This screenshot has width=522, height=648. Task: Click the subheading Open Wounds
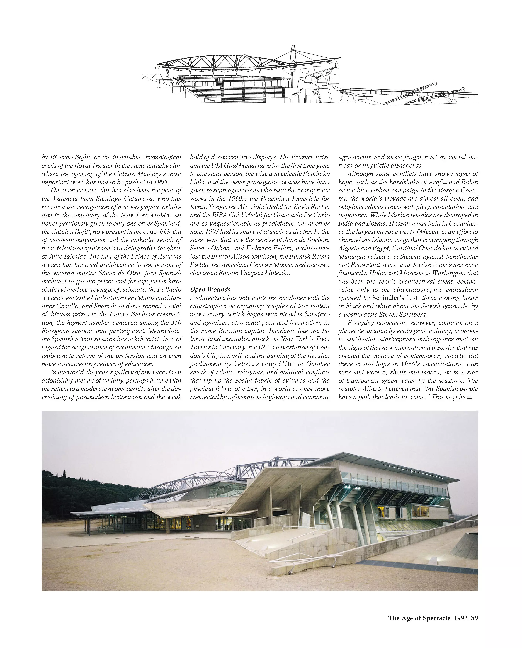(210, 289)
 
